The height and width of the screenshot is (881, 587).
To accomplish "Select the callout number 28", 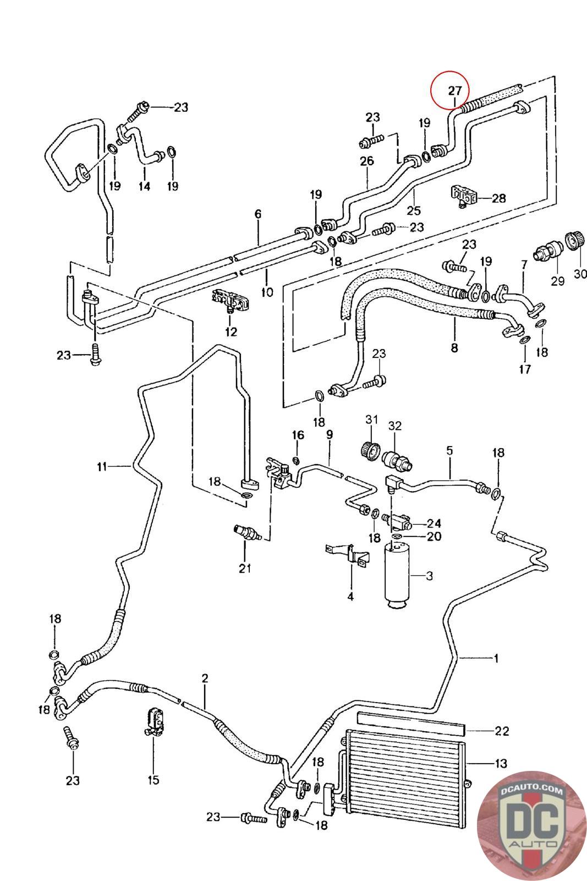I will [498, 198].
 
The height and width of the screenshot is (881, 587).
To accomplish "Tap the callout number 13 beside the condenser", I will [501, 764].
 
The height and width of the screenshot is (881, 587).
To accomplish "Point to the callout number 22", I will [502, 731].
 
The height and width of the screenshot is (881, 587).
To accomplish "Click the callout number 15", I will [153, 780].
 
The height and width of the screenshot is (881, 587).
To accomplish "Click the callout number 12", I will [231, 331].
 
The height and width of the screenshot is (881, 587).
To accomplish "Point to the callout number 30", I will [580, 273].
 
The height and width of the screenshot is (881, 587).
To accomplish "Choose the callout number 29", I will [558, 281].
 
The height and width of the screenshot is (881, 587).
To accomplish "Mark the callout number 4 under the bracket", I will [350, 596].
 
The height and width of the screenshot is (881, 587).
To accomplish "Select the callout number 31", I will [372, 420].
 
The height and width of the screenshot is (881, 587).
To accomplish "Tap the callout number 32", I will [395, 426].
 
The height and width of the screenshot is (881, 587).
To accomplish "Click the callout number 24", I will [434, 523].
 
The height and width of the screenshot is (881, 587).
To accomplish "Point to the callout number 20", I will [434, 536].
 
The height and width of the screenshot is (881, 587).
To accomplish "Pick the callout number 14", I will [144, 186].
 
